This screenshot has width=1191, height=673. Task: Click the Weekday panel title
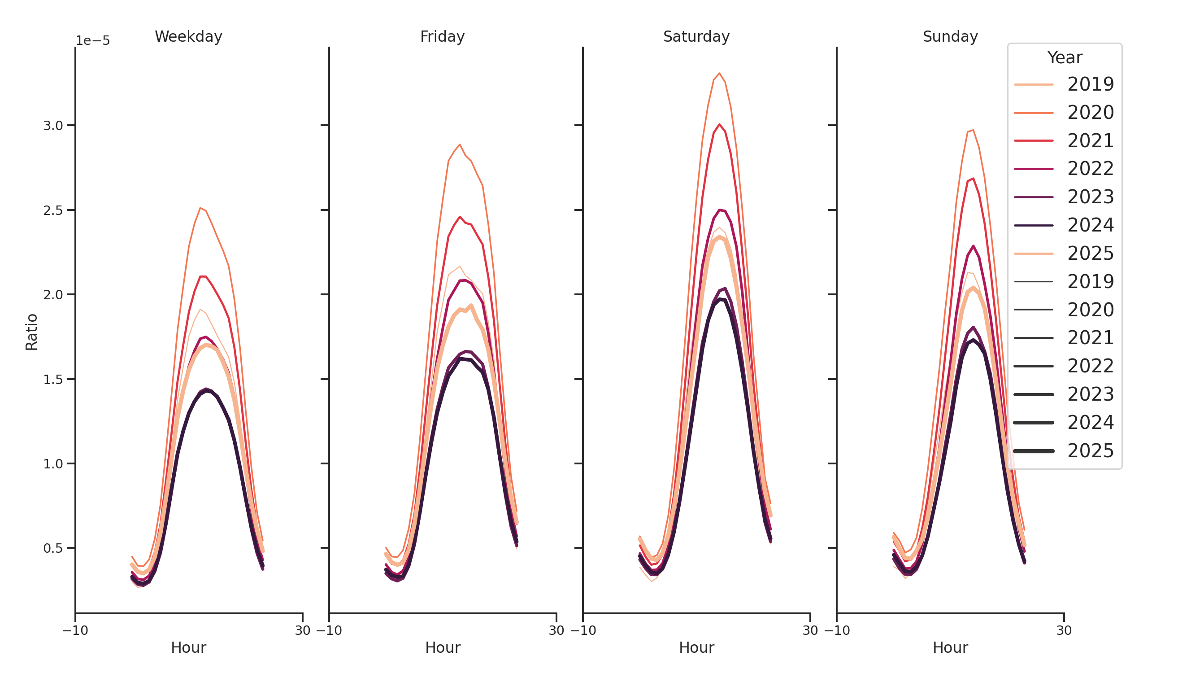tap(188, 36)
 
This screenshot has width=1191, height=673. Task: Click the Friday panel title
tap(442, 36)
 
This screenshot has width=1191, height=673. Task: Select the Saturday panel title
tap(696, 36)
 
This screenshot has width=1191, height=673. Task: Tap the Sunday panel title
tap(950, 36)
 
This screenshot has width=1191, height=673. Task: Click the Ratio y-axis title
tap(31, 332)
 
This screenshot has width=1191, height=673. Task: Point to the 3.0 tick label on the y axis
tap(53, 125)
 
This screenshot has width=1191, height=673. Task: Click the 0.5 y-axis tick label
tap(53, 548)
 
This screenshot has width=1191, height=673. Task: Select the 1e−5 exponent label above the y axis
tap(92, 41)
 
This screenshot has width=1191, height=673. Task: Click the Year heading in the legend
tap(1064, 58)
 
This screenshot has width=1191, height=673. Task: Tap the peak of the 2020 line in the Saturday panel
tap(719, 73)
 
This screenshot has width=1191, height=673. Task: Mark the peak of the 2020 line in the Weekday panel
tap(200, 208)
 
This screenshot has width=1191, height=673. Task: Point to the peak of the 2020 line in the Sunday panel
tap(973, 130)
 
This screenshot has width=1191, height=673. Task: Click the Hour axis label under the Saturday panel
tap(696, 647)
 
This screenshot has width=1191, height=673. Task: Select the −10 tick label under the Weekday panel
tap(75, 630)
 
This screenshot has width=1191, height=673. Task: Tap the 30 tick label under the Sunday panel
tap(1064, 630)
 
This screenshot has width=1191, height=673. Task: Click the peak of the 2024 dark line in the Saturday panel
tap(720, 299)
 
